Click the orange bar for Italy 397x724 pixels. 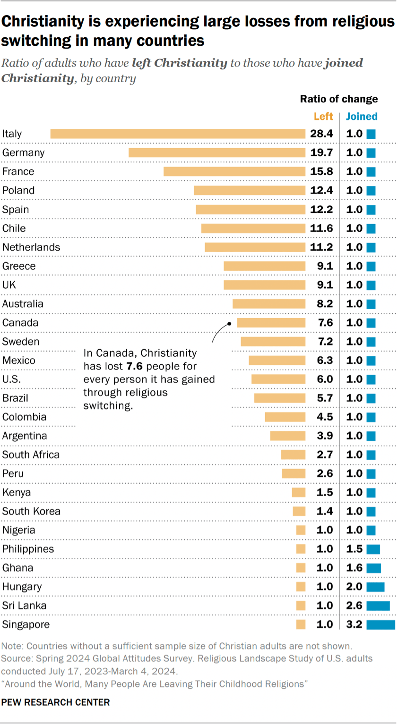[x=178, y=134]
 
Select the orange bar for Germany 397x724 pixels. [x=217, y=153]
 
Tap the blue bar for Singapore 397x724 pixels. [x=380, y=625]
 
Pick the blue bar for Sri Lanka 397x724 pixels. [x=378, y=606]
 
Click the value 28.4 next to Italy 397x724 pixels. [x=321, y=134]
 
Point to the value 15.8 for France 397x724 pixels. [x=321, y=172]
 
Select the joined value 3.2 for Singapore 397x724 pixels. [x=354, y=625]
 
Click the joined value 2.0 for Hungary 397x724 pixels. [x=354, y=587]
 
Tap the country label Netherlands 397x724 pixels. [x=31, y=247]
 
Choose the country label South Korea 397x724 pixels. [x=31, y=512]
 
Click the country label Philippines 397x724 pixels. [x=28, y=549]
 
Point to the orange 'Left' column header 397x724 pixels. [x=323, y=117]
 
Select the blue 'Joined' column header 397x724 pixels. [x=362, y=117]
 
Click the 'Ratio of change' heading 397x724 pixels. [x=339, y=99]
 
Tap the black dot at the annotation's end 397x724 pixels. [x=229, y=324]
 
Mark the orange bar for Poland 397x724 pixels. [x=250, y=191]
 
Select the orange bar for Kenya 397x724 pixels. [x=299, y=493]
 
